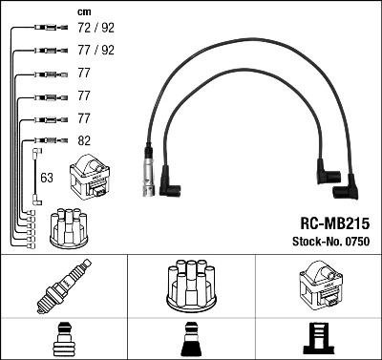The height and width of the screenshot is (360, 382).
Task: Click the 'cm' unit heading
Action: coord(82,11)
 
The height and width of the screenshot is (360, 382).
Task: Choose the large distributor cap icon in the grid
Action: coord(190,284)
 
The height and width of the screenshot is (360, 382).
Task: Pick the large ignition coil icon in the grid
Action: coord(317,284)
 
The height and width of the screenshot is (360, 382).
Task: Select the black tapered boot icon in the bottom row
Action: coord(190,338)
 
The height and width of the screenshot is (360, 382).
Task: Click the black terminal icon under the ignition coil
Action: coord(317,338)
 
